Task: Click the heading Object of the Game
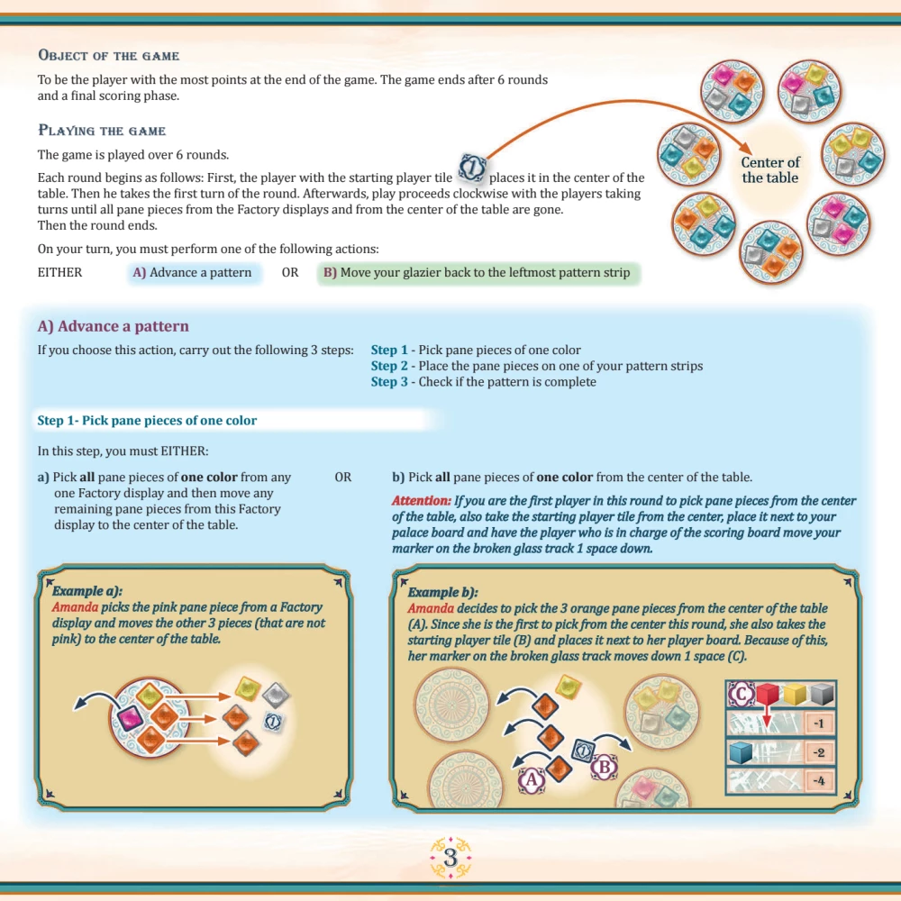point(109,55)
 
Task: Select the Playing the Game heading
point(102,131)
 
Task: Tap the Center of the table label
point(770,170)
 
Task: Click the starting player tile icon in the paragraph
point(472,168)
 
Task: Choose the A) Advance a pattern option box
point(193,272)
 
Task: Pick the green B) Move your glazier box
point(478,272)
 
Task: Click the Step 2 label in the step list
point(389,366)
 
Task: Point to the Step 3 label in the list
point(389,382)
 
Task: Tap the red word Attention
point(421,500)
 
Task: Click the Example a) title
point(87,591)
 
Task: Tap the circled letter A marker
point(532,779)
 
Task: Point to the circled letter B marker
point(605,767)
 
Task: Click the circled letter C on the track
point(742,694)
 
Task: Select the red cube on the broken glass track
point(767,694)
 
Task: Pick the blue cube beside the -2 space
point(741,751)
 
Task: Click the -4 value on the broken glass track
point(818,780)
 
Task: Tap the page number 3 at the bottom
point(450,858)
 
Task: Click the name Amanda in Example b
point(431,608)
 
